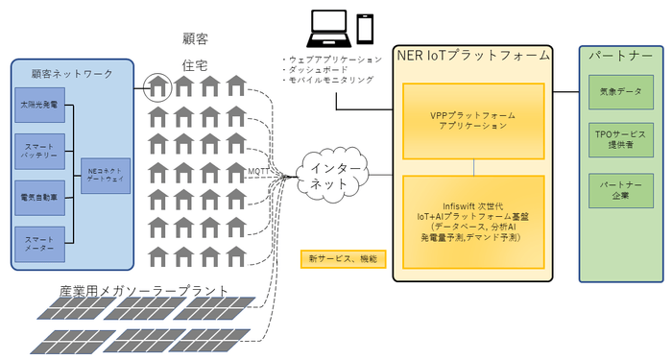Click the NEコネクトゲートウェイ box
tap(106, 176)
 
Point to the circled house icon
tap(157, 88)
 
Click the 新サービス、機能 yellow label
tap(343, 259)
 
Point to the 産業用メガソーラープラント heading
tap(145, 290)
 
